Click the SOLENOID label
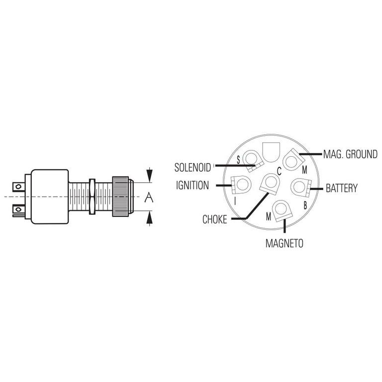coord(192,166)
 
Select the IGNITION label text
coord(192,186)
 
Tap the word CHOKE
coord(214,219)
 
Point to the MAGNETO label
coord(284,244)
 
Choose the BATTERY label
coord(341,189)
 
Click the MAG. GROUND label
coord(350,154)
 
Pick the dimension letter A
coord(148,198)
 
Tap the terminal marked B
coord(299,187)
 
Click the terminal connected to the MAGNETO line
coord(282,210)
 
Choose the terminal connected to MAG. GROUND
coord(292,161)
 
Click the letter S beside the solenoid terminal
coord(238,159)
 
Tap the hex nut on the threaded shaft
coord(92,196)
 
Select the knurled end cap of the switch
coord(121,196)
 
